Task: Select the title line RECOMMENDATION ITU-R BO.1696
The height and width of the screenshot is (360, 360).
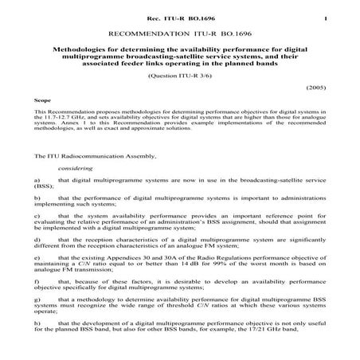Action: pos(179,35)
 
